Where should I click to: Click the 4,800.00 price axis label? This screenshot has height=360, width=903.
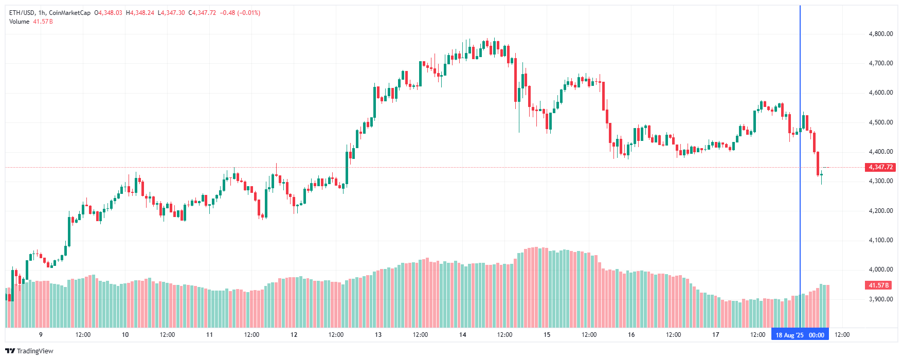click(880, 34)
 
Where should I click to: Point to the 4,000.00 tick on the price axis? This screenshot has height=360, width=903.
click(880, 269)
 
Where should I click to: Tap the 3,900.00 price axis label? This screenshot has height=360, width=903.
click(880, 299)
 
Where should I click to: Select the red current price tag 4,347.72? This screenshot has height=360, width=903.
click(880, 167)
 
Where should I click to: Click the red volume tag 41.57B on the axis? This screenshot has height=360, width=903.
click(879, 285)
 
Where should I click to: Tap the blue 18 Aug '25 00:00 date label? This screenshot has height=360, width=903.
click(800, 335)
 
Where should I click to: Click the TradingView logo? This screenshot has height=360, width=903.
click(29, 351)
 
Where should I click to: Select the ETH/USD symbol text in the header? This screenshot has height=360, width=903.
click(22, 13)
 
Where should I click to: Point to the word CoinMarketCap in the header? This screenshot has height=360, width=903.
click(69, 13)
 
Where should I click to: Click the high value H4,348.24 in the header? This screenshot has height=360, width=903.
click(140, 13)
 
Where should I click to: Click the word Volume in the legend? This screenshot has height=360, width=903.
click(19, 22)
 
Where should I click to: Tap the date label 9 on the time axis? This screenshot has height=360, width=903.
click(41, 335)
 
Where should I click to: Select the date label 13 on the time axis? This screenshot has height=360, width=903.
click(378, 335)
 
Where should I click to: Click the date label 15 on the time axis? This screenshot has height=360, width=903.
click(547, 335)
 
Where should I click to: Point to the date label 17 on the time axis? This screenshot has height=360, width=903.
click(715, 335)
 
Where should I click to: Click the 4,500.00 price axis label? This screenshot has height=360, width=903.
click(880, 122)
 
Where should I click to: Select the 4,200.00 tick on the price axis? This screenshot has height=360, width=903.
click(880, 211)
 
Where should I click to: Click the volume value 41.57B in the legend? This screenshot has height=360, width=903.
click(43, 22)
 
